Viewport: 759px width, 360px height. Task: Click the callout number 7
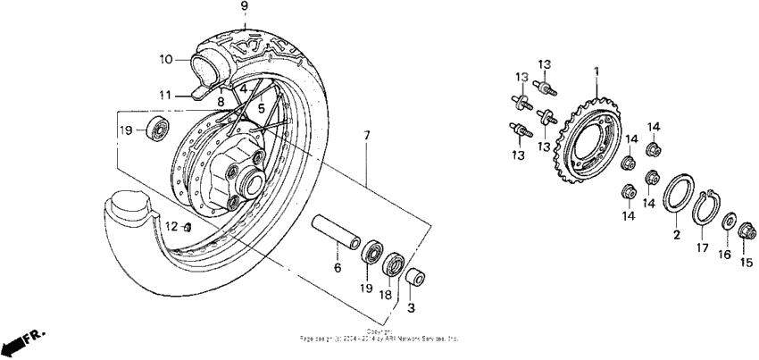pos(365,136)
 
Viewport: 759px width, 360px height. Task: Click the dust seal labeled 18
pos(393,264)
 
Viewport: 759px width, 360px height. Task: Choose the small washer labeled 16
pos(728,221)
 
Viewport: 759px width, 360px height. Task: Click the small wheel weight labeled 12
pos(188,227)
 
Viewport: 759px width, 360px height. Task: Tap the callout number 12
pos(171,226)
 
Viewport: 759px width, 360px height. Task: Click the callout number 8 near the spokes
pos(221,101)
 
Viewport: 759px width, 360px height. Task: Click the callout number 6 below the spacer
pos(338,267)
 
